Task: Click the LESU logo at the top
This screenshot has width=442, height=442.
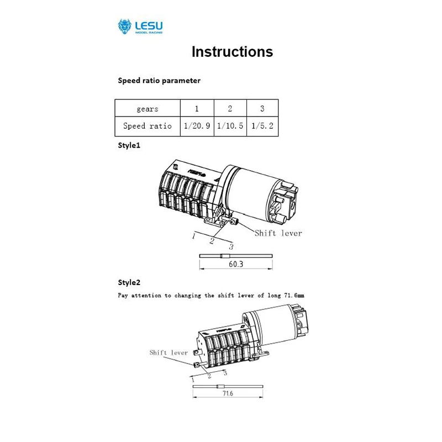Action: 140,27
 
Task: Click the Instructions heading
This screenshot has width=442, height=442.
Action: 232,52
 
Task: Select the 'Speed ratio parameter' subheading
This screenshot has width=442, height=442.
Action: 159,81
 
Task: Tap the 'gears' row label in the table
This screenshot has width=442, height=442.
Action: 148,109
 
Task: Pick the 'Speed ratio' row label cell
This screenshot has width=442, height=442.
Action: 148,126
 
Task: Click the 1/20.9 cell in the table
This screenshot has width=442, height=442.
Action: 197,126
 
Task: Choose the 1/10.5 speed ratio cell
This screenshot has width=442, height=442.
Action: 230,126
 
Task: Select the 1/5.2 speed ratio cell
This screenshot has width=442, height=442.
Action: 262,126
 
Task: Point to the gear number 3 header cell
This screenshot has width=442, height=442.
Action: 262,109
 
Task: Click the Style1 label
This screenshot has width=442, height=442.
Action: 129,146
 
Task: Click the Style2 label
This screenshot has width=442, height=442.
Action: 129,282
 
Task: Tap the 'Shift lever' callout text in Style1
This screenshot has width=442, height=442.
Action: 278,233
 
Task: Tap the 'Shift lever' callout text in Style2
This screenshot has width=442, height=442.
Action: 169,352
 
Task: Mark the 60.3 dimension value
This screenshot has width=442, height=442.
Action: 236,265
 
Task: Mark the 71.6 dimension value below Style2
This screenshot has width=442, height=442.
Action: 228,394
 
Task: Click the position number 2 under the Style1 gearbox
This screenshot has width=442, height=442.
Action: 212,240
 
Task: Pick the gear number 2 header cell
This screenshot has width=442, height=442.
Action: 230,109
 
